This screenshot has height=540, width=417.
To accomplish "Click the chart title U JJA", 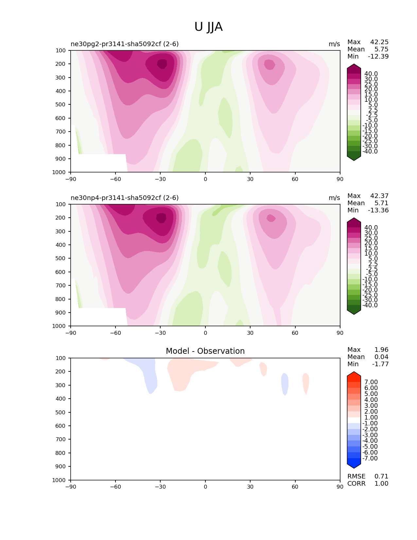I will (x=208, y=27).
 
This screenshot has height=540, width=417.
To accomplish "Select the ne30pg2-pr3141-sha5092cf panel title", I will (x=125, y=44).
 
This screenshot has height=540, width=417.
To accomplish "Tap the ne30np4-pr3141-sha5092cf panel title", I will (x=125, y=198).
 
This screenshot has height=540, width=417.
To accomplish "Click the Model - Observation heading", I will (x=205, y=351).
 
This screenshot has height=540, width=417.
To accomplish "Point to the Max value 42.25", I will (x=379, y=42).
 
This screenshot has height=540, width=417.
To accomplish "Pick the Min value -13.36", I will (x=378, y=210).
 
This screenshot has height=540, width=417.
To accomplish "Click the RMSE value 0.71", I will (x=381, y=476).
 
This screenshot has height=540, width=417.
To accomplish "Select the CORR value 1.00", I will (x=381, y=483).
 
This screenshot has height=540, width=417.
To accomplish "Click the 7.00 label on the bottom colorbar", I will (x=371, y=382).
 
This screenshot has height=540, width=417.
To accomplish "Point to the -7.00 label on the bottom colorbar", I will (x=370, y=458).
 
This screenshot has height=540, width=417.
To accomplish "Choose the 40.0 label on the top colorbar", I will (x=371, y=74).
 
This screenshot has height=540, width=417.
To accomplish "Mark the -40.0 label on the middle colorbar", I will (x=370, y=305).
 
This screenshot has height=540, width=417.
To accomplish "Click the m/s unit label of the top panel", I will (x=334, y=44).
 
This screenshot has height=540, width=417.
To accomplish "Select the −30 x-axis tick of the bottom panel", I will (x=160, y=487).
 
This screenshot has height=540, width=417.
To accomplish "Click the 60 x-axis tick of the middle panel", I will (x=295, y=333).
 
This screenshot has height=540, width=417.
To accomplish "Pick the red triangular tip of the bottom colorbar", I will (x=354, y=374).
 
